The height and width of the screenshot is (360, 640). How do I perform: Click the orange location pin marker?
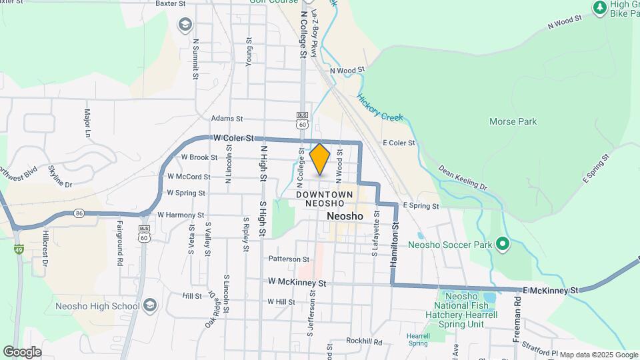(320, 159)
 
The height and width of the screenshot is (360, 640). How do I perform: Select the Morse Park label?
(513, 121)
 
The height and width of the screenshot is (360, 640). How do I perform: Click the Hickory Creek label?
(380, 107)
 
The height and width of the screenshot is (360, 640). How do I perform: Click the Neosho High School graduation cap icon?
(151, 306)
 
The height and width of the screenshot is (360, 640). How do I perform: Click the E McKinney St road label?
(550, 291)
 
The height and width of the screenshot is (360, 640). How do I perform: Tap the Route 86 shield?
(79, 213)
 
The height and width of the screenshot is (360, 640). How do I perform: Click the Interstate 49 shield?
(19, 249)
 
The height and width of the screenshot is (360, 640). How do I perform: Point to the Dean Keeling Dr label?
(463, 178)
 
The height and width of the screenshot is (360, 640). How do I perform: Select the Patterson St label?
(289, 259)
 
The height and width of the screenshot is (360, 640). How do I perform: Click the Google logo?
(22, 351)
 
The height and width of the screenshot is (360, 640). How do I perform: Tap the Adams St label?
(226, 119)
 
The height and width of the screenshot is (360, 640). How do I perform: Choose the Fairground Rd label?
(121, 243)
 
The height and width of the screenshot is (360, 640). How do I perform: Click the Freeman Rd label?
(517, 324)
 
